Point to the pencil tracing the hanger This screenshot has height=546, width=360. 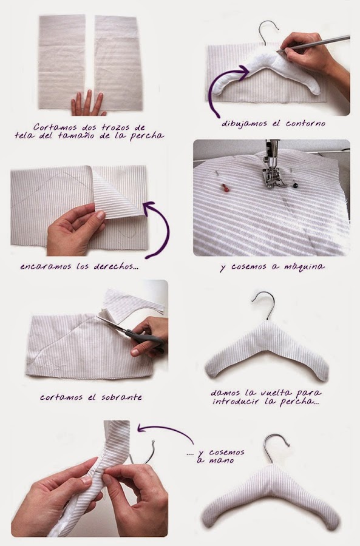tap(314, 44)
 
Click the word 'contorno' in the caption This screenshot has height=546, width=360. tap(305, 124)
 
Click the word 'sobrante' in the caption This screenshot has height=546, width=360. tap(121, 397)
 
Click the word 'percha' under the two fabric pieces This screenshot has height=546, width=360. tap(147, 136)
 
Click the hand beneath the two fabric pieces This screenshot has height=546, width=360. tap(87, 103)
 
